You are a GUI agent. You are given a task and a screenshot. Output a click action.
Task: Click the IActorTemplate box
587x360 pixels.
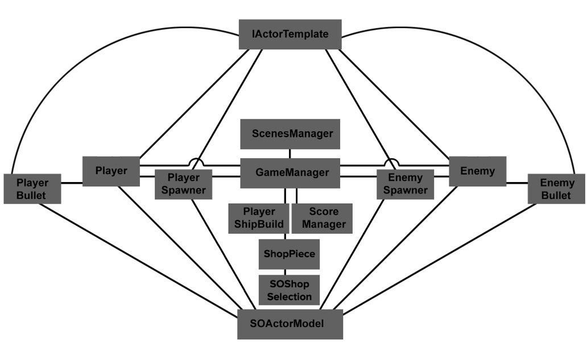coord(290,35)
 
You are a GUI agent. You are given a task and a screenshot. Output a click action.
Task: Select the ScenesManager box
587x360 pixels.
coord(290,134)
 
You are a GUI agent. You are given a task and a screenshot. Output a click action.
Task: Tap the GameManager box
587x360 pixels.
coord(290,173)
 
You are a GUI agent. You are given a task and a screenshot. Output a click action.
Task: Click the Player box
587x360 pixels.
coord(111,171)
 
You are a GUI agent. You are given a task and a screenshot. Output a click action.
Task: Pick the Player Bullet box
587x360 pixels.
coord(32,189)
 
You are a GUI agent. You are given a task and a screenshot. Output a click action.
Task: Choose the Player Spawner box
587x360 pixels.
coord(183,184)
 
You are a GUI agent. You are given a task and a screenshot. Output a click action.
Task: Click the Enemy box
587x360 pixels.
coord(478,171)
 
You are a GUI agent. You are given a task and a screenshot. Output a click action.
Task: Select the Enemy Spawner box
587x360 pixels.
coord(406,184)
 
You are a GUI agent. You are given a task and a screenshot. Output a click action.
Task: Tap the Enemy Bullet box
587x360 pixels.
coord(556,189)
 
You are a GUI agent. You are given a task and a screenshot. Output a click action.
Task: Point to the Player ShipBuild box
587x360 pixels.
coord(259,218)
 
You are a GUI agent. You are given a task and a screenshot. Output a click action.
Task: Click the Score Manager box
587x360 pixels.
coord(322,218)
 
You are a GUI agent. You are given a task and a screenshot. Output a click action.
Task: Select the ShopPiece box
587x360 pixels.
coord(290,254)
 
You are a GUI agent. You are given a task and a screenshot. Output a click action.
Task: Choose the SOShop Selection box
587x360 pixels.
coord(290,290)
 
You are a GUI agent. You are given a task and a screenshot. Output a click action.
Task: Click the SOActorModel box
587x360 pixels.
coord(290,324)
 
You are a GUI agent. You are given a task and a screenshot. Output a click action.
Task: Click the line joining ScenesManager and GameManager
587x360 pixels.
coord(290,154)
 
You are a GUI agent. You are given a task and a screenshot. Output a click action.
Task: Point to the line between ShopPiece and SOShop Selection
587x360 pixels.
coord(286,272)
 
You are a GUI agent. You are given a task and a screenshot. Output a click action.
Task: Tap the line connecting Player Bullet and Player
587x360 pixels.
coord(72,183)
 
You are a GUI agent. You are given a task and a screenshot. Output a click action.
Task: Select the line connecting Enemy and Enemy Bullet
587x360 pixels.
coord(517,183)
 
